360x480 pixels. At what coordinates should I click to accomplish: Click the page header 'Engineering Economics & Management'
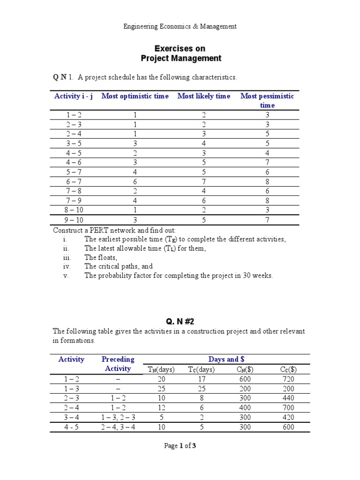[x=180, y=27]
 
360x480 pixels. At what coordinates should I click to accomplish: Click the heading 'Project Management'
[x=181, y=59]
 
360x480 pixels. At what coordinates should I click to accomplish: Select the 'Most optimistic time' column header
[x=135, y=96]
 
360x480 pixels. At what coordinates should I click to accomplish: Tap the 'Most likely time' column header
[x=204, y=96]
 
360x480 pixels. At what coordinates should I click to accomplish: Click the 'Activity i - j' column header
[x=74, y=96]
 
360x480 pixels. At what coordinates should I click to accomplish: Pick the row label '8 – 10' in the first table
[x=74, y=210]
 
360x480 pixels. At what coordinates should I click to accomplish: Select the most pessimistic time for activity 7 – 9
[x=267, y=201]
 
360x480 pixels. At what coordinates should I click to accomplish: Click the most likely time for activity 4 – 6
[x=204, y=162]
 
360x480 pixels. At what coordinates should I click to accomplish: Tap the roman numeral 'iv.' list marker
[x=66, y=266]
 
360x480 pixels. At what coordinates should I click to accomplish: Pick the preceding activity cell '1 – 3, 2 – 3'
[x=118, y=418]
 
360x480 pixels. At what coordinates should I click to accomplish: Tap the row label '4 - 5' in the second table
[x=71, y=427]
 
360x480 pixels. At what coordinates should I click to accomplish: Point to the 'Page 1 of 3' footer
[x=180, y=446]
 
